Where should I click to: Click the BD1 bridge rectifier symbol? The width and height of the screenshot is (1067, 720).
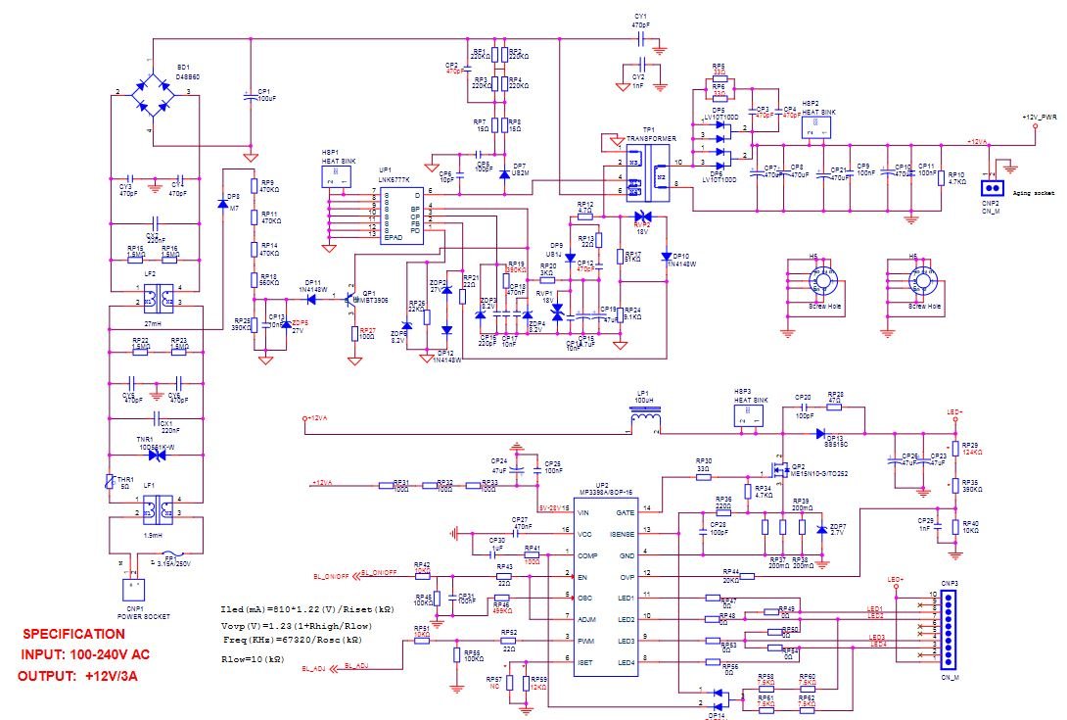[x=153, y=92]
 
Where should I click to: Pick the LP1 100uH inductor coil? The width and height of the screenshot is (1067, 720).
[x=643, y=420]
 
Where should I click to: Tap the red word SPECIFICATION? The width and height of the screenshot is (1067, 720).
[x=74, y=634]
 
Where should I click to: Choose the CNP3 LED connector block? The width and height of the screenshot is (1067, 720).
[x=947, y=626]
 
